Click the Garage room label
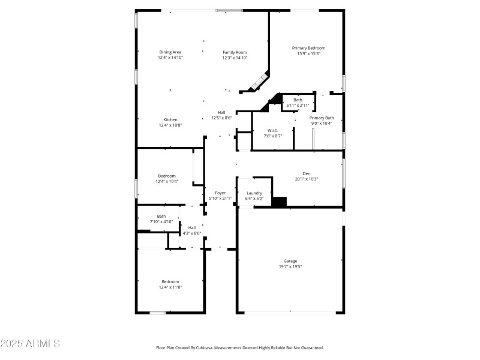290,261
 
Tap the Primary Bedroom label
308,48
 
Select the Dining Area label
170,52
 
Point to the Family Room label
235,52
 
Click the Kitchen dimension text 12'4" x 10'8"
170,125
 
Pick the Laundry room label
254,193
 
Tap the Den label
307,173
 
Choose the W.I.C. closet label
273,131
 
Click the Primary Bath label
322,118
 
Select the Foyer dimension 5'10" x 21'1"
220,199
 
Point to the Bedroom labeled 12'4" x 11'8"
170,281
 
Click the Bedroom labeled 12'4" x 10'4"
167,176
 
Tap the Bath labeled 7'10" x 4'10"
161,216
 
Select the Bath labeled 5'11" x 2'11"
298,100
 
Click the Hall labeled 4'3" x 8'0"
192,228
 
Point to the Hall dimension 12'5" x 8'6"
221,118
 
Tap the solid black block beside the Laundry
279,202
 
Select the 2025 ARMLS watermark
30,343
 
